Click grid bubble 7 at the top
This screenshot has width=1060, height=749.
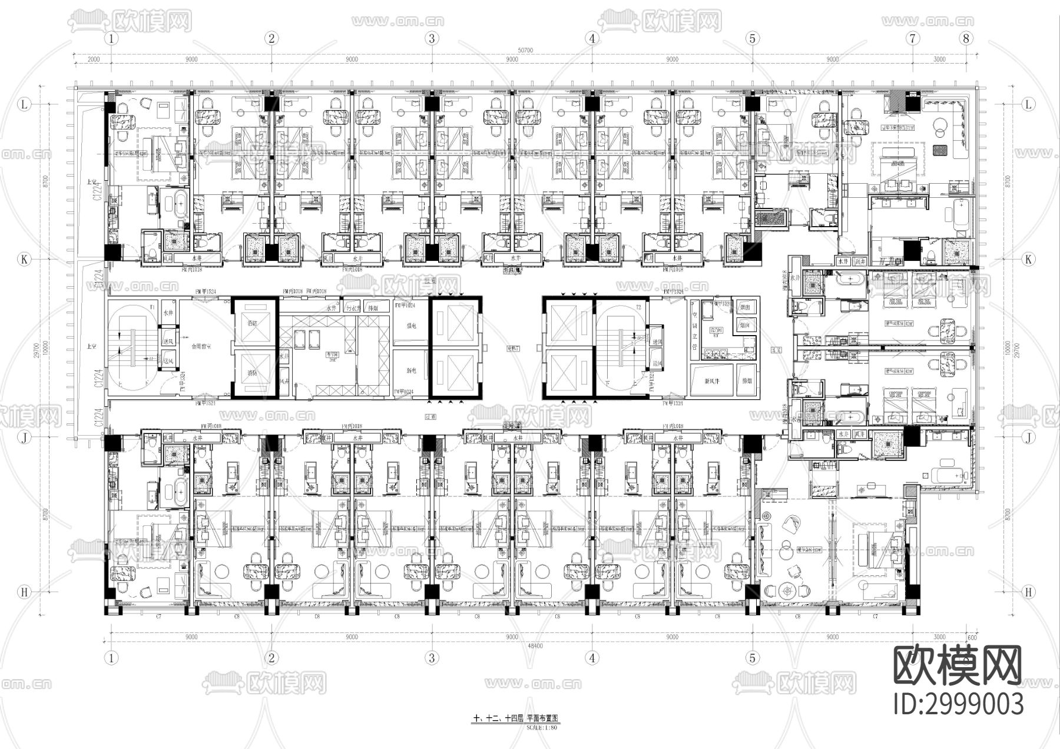tap(913, 39)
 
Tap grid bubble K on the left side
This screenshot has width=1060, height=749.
tap(25, 259)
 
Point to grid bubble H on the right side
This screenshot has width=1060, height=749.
tap(1028, 592)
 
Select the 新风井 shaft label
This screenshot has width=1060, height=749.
tap(707, 380)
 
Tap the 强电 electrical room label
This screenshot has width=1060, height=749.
tap(411, 326)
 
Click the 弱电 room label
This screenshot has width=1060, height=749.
tap(411, 371)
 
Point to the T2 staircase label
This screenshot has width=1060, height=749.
tap(637, 307)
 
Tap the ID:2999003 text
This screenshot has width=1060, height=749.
tap(958, 704)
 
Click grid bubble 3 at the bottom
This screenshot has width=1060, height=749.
tap(432, 658)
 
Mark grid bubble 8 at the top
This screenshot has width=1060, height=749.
tap(966, 39)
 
